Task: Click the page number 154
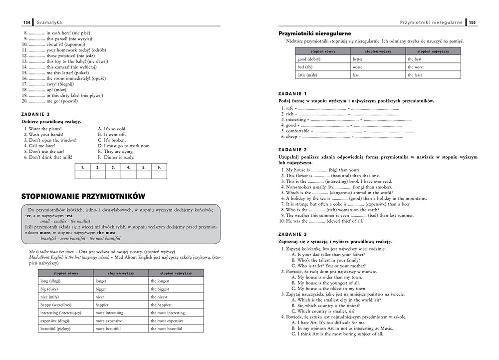click(x=26, y=22)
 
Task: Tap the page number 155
click(x=473, y=22)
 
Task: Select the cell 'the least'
click(x=415, y=75)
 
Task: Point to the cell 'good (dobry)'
click(x=308, y=59)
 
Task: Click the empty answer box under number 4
click(x=128, y=175)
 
